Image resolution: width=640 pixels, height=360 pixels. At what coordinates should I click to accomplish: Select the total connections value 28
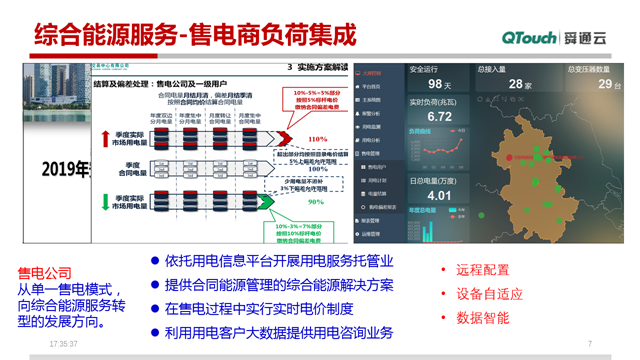click(519, 85)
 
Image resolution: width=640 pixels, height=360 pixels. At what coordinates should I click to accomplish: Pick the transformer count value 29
click(604, 85)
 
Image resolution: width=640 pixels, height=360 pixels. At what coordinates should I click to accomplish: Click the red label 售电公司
click(45, 271)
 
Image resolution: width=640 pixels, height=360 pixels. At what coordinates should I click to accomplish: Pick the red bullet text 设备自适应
click(489, 294)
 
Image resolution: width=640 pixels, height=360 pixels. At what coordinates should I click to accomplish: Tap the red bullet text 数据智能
click(482, 318)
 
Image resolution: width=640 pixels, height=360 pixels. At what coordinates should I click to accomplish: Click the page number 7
click(590, 344)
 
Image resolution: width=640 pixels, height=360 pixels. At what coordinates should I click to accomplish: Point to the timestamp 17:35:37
click(63, 344)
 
